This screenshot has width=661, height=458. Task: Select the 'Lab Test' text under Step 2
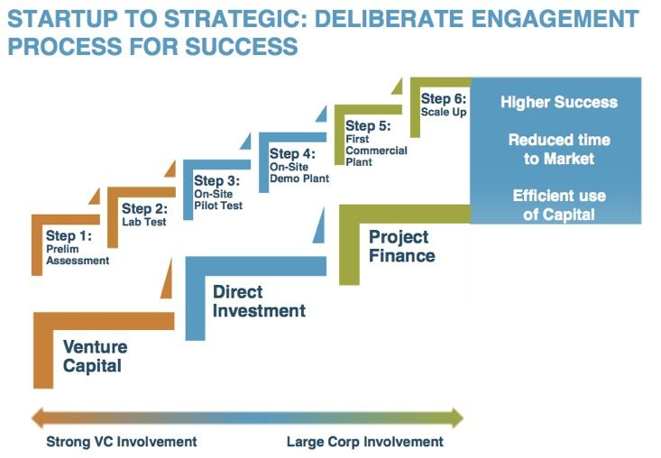click(x=144, y=222)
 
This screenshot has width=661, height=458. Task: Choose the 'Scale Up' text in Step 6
click(x=444, y=113)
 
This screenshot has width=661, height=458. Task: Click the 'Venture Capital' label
click(x=95, y=356)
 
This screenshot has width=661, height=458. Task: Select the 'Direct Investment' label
click(x=259, y=302)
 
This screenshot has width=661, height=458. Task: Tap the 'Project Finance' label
click(x=401, y=246)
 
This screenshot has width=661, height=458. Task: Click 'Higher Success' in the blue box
click(x=559, y=102)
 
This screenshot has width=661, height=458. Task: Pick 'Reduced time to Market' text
click(x=559, y=150)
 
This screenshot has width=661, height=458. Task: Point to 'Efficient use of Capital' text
click(x=559, y=205)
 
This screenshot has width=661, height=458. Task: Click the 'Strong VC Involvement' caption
click(x=121, y=442)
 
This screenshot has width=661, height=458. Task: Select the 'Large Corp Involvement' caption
click(x=364, y=442)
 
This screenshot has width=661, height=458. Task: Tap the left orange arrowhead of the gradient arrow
click(x=37, y=417)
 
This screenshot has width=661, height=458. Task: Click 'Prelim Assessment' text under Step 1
click(x=78, y=255)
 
